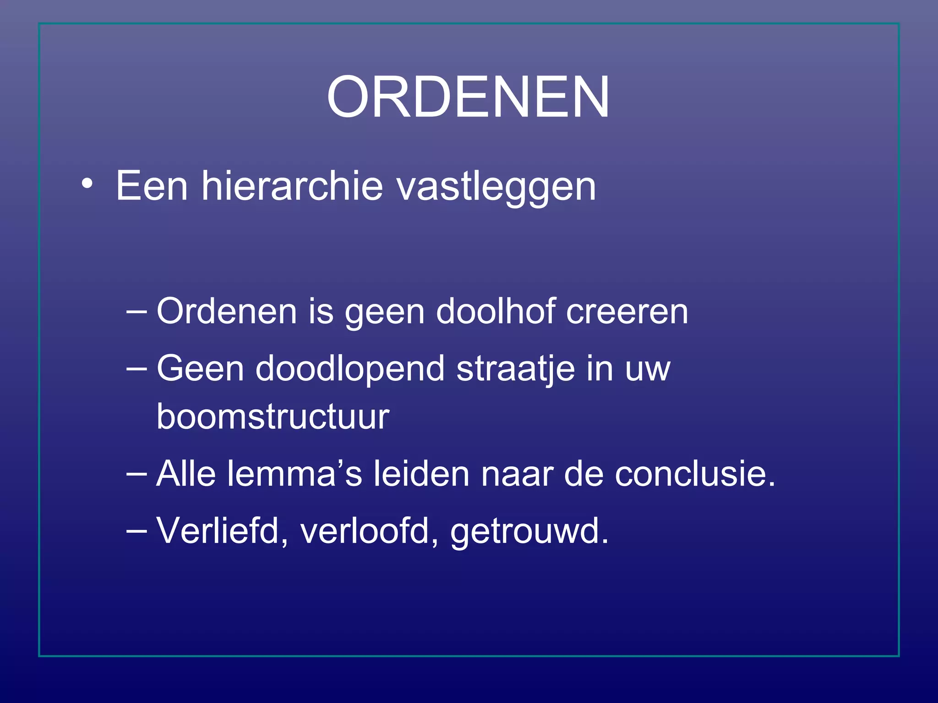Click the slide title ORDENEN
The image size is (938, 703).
pyautogui.click(x=468, y=97)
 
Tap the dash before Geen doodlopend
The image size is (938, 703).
pyautogui.click(x=136, y=369)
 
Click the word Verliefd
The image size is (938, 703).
pyautogui.click(x=223, y=531)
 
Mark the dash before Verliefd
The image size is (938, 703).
pyautogui.click(x=136, y=531)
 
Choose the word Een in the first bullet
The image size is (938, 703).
pyautogui.click(x=152, y=186)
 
